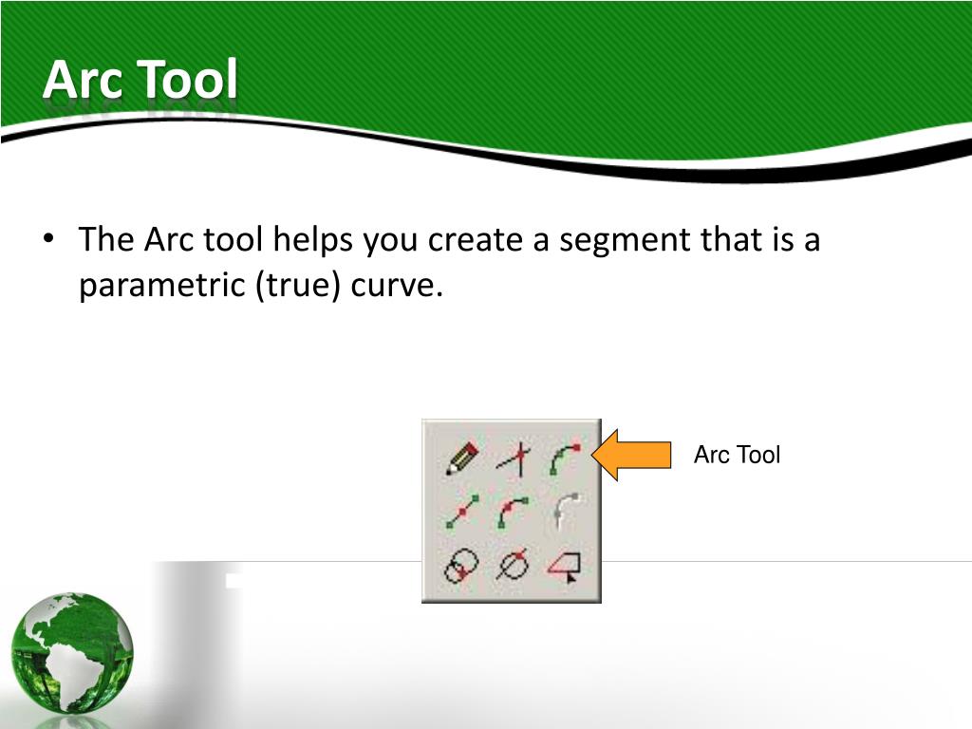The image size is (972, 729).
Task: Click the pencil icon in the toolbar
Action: coord(462,458)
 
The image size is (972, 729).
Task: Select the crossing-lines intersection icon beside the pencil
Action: coord(514,459)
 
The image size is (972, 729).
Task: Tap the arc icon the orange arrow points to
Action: coord(564,458)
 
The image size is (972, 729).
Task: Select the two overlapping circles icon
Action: coord(461,567)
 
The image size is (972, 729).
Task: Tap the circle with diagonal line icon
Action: coord(514,567)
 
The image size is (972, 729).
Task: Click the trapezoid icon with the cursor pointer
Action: coord(564,568)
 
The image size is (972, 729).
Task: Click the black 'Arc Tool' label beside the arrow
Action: coord(737,456)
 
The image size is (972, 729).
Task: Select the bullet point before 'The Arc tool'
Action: coord(48,239)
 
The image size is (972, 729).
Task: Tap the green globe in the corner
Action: coord(72,654)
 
